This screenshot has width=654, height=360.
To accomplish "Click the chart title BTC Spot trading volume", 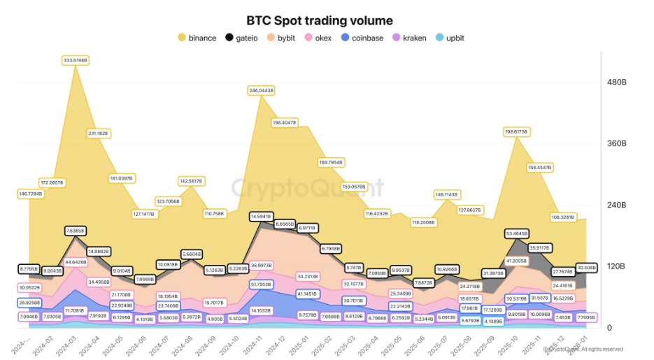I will pos(319,21).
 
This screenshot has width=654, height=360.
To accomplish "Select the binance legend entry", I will pos(197,38).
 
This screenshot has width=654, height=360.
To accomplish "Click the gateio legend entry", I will pos(245,38).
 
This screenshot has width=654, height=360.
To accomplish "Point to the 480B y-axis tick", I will pos(616,82).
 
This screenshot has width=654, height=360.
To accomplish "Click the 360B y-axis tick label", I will pos(616,144).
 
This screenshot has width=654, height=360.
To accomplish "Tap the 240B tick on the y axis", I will pos(616,206).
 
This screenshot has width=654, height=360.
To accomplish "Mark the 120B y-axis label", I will pos(616,267).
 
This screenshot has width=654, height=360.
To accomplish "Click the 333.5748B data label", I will pos(74,61).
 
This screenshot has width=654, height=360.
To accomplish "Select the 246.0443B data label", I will pos(260,90).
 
